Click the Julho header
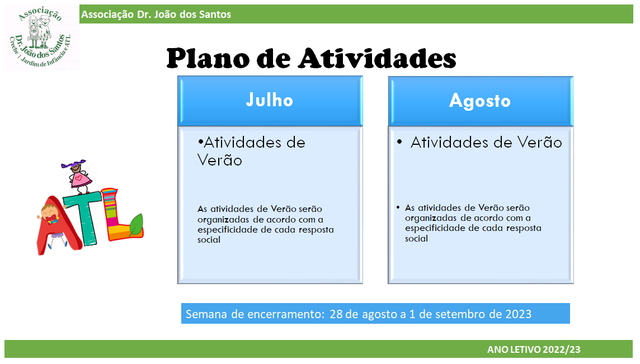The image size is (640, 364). pos(270,101)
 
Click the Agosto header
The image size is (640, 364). pos(481,101)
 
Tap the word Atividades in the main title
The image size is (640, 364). pos(377,58)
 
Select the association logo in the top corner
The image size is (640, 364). pos(41,37)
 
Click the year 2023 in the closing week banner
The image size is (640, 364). pos(519,314)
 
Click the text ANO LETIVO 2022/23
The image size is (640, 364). pos(534,349)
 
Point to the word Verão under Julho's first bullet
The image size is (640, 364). pos(220,160)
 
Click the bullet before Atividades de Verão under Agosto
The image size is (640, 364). pos(399,142)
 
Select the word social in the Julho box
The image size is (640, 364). pos(209,240)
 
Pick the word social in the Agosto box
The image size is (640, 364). pos(416,239)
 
